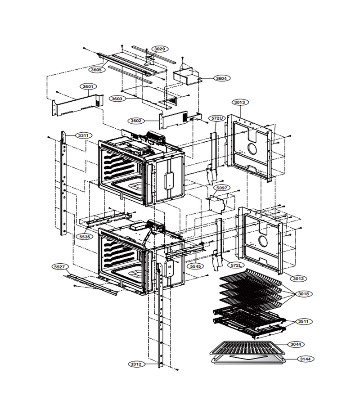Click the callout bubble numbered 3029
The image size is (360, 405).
(160, 49)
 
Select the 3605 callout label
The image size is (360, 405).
(96, 70)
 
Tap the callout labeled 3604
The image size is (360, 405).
(221, 78)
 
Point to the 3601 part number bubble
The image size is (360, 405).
(88, 86)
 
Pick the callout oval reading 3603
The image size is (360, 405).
(117, 99)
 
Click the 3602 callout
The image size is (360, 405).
(136, 121)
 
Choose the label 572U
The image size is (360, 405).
(217, 118)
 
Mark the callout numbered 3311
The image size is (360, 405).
(83, 135)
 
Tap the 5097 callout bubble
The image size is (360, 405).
(221, 188)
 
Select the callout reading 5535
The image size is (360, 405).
(85, 237)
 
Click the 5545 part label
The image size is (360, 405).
(195, 266)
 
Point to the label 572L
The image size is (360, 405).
(236, 265)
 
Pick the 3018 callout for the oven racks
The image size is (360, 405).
(303, 294)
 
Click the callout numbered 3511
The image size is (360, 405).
(303, 322)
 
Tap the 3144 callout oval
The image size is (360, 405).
(306, 359)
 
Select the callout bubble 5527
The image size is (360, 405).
(60, 267)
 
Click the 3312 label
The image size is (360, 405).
(136, 364)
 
